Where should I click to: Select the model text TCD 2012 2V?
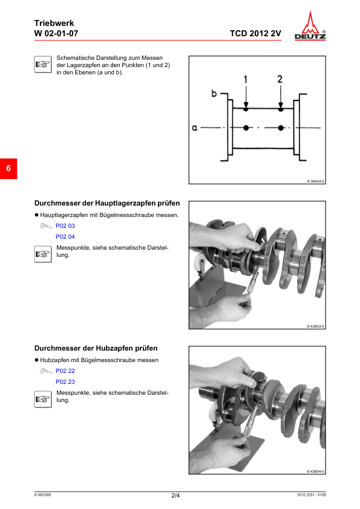pos(255,34)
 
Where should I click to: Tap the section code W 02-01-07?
pos(56,34)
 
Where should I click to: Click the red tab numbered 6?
pos(8,168)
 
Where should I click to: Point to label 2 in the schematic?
pos(280,79)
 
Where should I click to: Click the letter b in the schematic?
pos(214,94)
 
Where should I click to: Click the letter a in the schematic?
pos(195,128)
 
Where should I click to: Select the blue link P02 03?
pos(65,225)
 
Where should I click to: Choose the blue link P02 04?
pos(65,236)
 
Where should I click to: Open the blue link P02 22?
pos(65,371)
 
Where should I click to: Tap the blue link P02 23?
pos(65,381)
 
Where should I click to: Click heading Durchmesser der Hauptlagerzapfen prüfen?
pos(107,204)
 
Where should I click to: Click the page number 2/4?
pos(175,496)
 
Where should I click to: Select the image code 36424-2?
pos(316,181)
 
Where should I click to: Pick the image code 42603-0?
pos(316,326)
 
